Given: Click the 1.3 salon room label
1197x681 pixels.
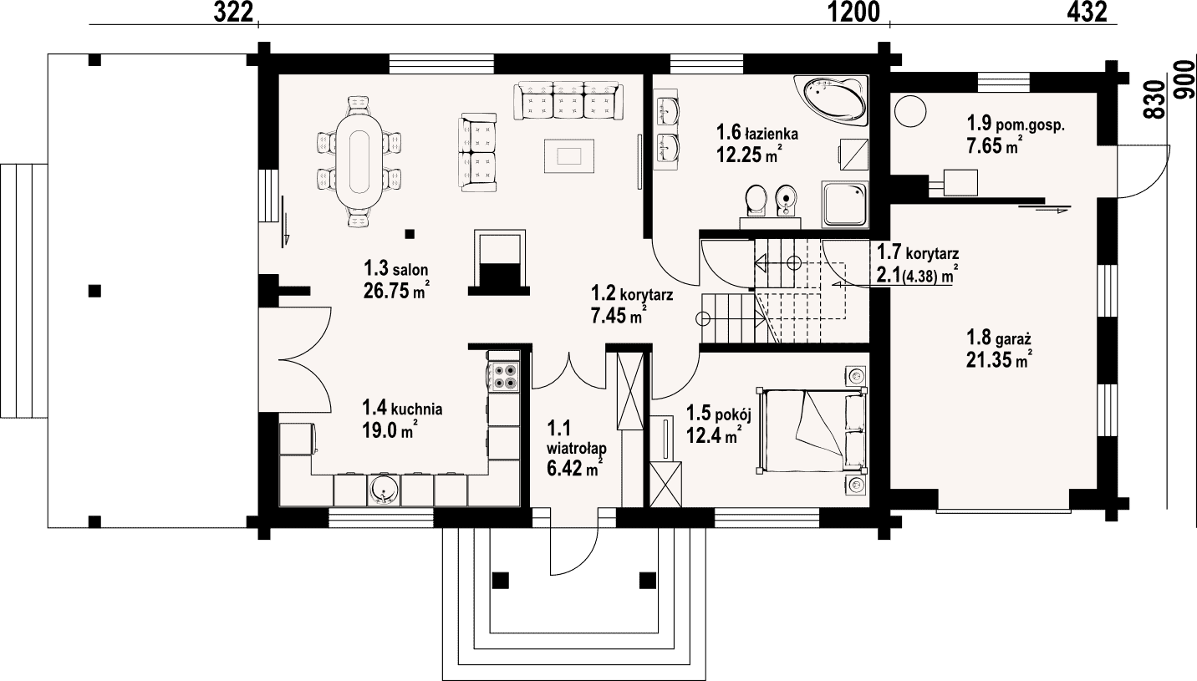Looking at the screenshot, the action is pyautogui.click(x=396, y=267).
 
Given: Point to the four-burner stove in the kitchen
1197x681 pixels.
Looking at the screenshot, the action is pyautogui.click(x=504, y=375).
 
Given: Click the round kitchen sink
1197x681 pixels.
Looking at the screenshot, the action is pyautogui.click(x=383, y=490).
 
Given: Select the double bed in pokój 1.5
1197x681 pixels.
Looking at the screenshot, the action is pyautogui.click(x=811, y=430).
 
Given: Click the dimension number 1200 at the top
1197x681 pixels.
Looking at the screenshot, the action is pyautogui.click(x=853, y=12).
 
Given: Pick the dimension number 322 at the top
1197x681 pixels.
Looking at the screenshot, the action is pyautogui.click(x=233, y=12).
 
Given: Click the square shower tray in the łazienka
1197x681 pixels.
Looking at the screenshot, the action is pyautogui.click(x=845, y=204).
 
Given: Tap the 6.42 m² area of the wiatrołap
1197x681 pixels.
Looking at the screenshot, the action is pyautogui.click(x=575, y=469).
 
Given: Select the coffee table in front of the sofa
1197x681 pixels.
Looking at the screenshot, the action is pyautogui.click(x=569, y=156).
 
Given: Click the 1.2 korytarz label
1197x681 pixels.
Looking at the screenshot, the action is pyautogui.click(x=632, y=294).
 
